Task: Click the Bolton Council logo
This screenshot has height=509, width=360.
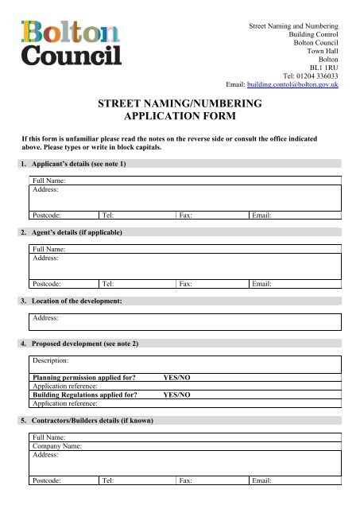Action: click(x=71, y=44)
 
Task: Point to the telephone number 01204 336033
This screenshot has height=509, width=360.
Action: click(x=317, y=74)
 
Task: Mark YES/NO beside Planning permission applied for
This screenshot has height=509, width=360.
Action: click(x=176, y=377)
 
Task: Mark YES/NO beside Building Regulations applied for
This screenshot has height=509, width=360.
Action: click(x=176, y=394)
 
